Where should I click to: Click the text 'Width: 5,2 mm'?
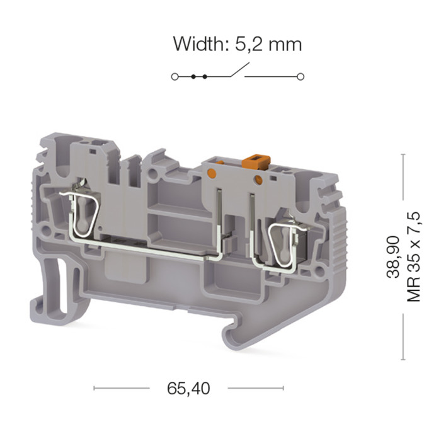tap(238, 44)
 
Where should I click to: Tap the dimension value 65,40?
tap(188, 389)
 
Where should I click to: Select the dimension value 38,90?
tap(393, 257)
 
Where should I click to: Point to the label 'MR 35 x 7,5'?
tap(413, 257)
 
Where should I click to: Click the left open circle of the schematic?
tap(175, 76)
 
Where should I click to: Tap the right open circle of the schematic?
tap(301, 76)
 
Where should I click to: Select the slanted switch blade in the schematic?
tap(239, 69)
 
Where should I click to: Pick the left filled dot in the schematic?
tap(193, 76)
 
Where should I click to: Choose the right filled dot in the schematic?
tap(205, 76)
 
